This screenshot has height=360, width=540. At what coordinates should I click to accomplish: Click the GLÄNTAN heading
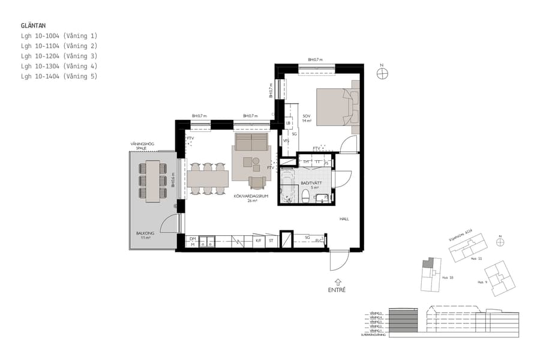coord(34,26)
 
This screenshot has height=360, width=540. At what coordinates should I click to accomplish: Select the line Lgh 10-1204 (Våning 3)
coord(59,56)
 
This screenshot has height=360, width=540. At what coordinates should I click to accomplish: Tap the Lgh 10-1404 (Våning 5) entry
coord(59,76)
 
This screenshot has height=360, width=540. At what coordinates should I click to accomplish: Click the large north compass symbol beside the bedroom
coord(382,74)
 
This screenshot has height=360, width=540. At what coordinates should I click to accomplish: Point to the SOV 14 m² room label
coord(307,118)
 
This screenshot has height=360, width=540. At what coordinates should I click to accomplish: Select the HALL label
coord(344,219)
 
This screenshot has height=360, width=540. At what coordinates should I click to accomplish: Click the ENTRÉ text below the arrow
coord(337,290)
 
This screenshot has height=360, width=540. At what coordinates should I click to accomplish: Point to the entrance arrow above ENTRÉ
coord(337,281)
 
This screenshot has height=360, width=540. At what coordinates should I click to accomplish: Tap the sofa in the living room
coord(251,143)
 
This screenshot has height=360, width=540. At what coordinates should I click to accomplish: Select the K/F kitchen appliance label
coord(259,241)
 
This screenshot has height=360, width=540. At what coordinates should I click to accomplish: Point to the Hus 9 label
coord(481,282)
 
